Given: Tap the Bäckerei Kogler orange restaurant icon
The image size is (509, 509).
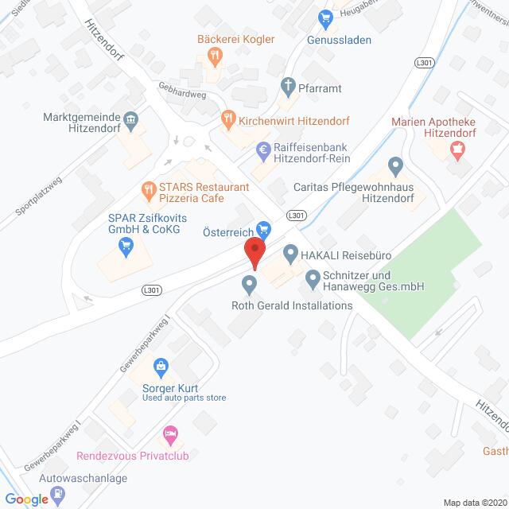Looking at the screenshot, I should pyautogui.click(x=214, y=55).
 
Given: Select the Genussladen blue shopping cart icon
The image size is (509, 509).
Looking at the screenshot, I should pyautogui.click(x=324, y=17).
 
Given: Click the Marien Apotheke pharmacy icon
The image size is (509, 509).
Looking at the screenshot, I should pyautogui.click(x=457, y=148).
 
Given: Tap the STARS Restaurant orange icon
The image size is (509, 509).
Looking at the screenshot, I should pyautogui.click(x=147, y=189).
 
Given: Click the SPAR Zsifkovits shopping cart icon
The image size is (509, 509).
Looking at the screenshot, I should pyautogui.click(x=125, y=248).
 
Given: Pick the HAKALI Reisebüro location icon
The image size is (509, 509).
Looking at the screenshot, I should pyautogui.click(x=290, y=254).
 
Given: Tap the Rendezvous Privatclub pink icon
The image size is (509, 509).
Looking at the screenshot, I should pyautogui.click(x=169, y=435).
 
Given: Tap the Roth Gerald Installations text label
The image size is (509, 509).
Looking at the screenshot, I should pyautogui.click(x=290, y=305).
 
